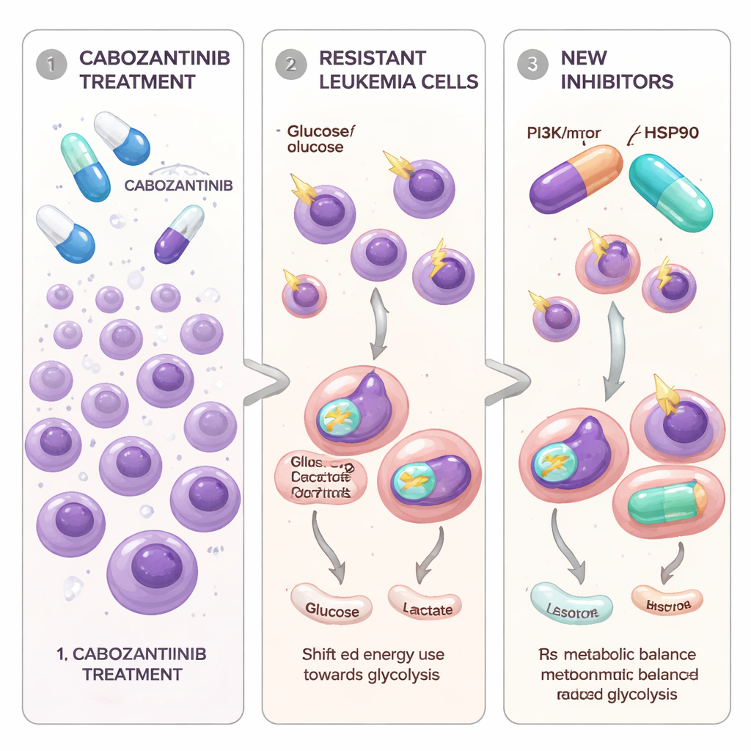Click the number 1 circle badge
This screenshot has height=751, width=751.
pyautogui.click(x=50, y=65)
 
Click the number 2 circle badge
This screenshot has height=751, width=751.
pyautogui.click(x=290, y=65)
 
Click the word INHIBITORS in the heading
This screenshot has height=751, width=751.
pyautogui.click(x=617, y=81)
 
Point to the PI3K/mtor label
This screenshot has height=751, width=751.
pyautogui.click(x=563, y=133)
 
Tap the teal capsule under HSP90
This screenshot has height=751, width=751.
pyautogui.click(x=670, y=192)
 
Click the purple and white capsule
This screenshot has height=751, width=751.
pyautogui.click(x=179, y=234)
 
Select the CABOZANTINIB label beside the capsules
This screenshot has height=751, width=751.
pyautogui.click(x=178, y=186)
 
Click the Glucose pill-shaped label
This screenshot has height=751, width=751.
pyautogui.click(x=331, y=609)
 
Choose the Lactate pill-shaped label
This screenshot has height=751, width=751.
pyautogui.click(x=426, y=608)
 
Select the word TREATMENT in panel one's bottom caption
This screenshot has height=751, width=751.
pyautogui.click(x=132, y=673)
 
